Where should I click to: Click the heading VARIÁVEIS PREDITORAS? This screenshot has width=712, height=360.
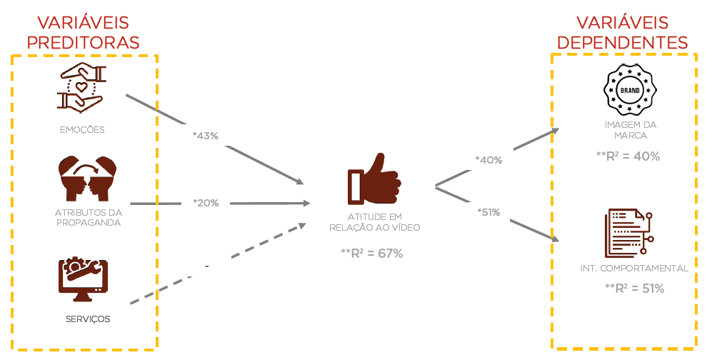(83, 32)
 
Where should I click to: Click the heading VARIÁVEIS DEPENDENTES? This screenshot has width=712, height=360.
(622, 32)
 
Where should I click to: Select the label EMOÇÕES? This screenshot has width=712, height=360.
(83, 130)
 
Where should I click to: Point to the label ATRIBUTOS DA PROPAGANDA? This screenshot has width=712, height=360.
(88, 217)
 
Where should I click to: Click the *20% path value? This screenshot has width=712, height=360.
(206, 203)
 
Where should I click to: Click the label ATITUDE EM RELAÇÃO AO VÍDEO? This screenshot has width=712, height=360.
(375, 222)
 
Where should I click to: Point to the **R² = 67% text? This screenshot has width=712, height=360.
(372, 253)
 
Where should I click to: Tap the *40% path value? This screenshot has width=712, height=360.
(488, 161)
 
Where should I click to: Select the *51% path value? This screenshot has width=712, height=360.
(488, 211)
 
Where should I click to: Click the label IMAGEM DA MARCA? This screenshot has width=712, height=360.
(630, 130)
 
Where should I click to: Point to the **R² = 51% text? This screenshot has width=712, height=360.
(634, 289)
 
